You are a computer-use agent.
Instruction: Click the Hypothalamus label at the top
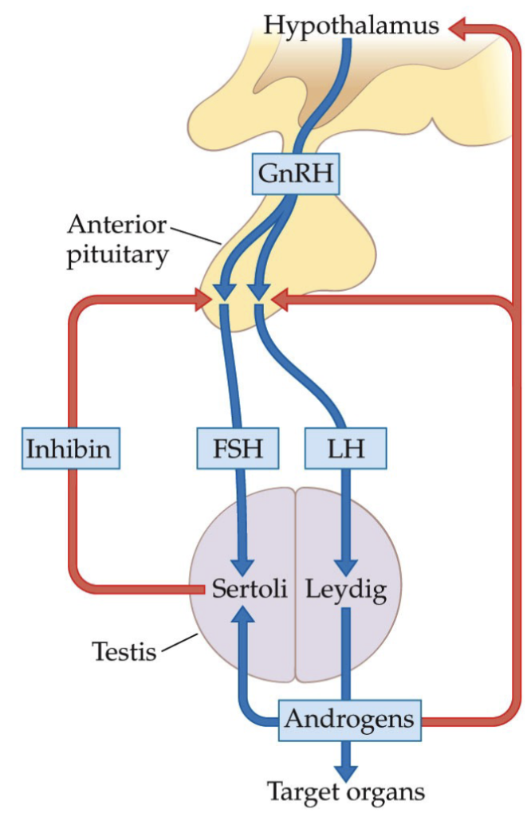click(x=351, y=26)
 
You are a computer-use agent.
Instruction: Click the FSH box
click(x=238, y=449)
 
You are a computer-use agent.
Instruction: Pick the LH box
click(x=344, y=449)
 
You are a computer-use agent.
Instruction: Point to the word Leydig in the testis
click(x=344, y=591)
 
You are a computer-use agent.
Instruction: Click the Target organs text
click(x=345, y=791)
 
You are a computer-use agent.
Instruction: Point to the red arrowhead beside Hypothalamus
click(x=459, y=29)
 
